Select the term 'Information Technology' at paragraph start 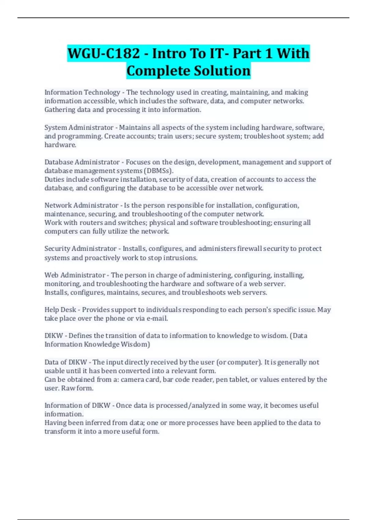[x=82, y=92]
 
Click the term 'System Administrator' [x=79, y=128]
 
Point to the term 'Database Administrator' [x=82, y=162]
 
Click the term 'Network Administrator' [x=81, y=205]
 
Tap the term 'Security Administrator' [x=80, y=249]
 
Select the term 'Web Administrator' [x=75, y=275]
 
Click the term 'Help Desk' [x=60, y=310]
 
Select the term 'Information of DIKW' [x=77, y=406]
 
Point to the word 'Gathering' [x=60, y=110]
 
